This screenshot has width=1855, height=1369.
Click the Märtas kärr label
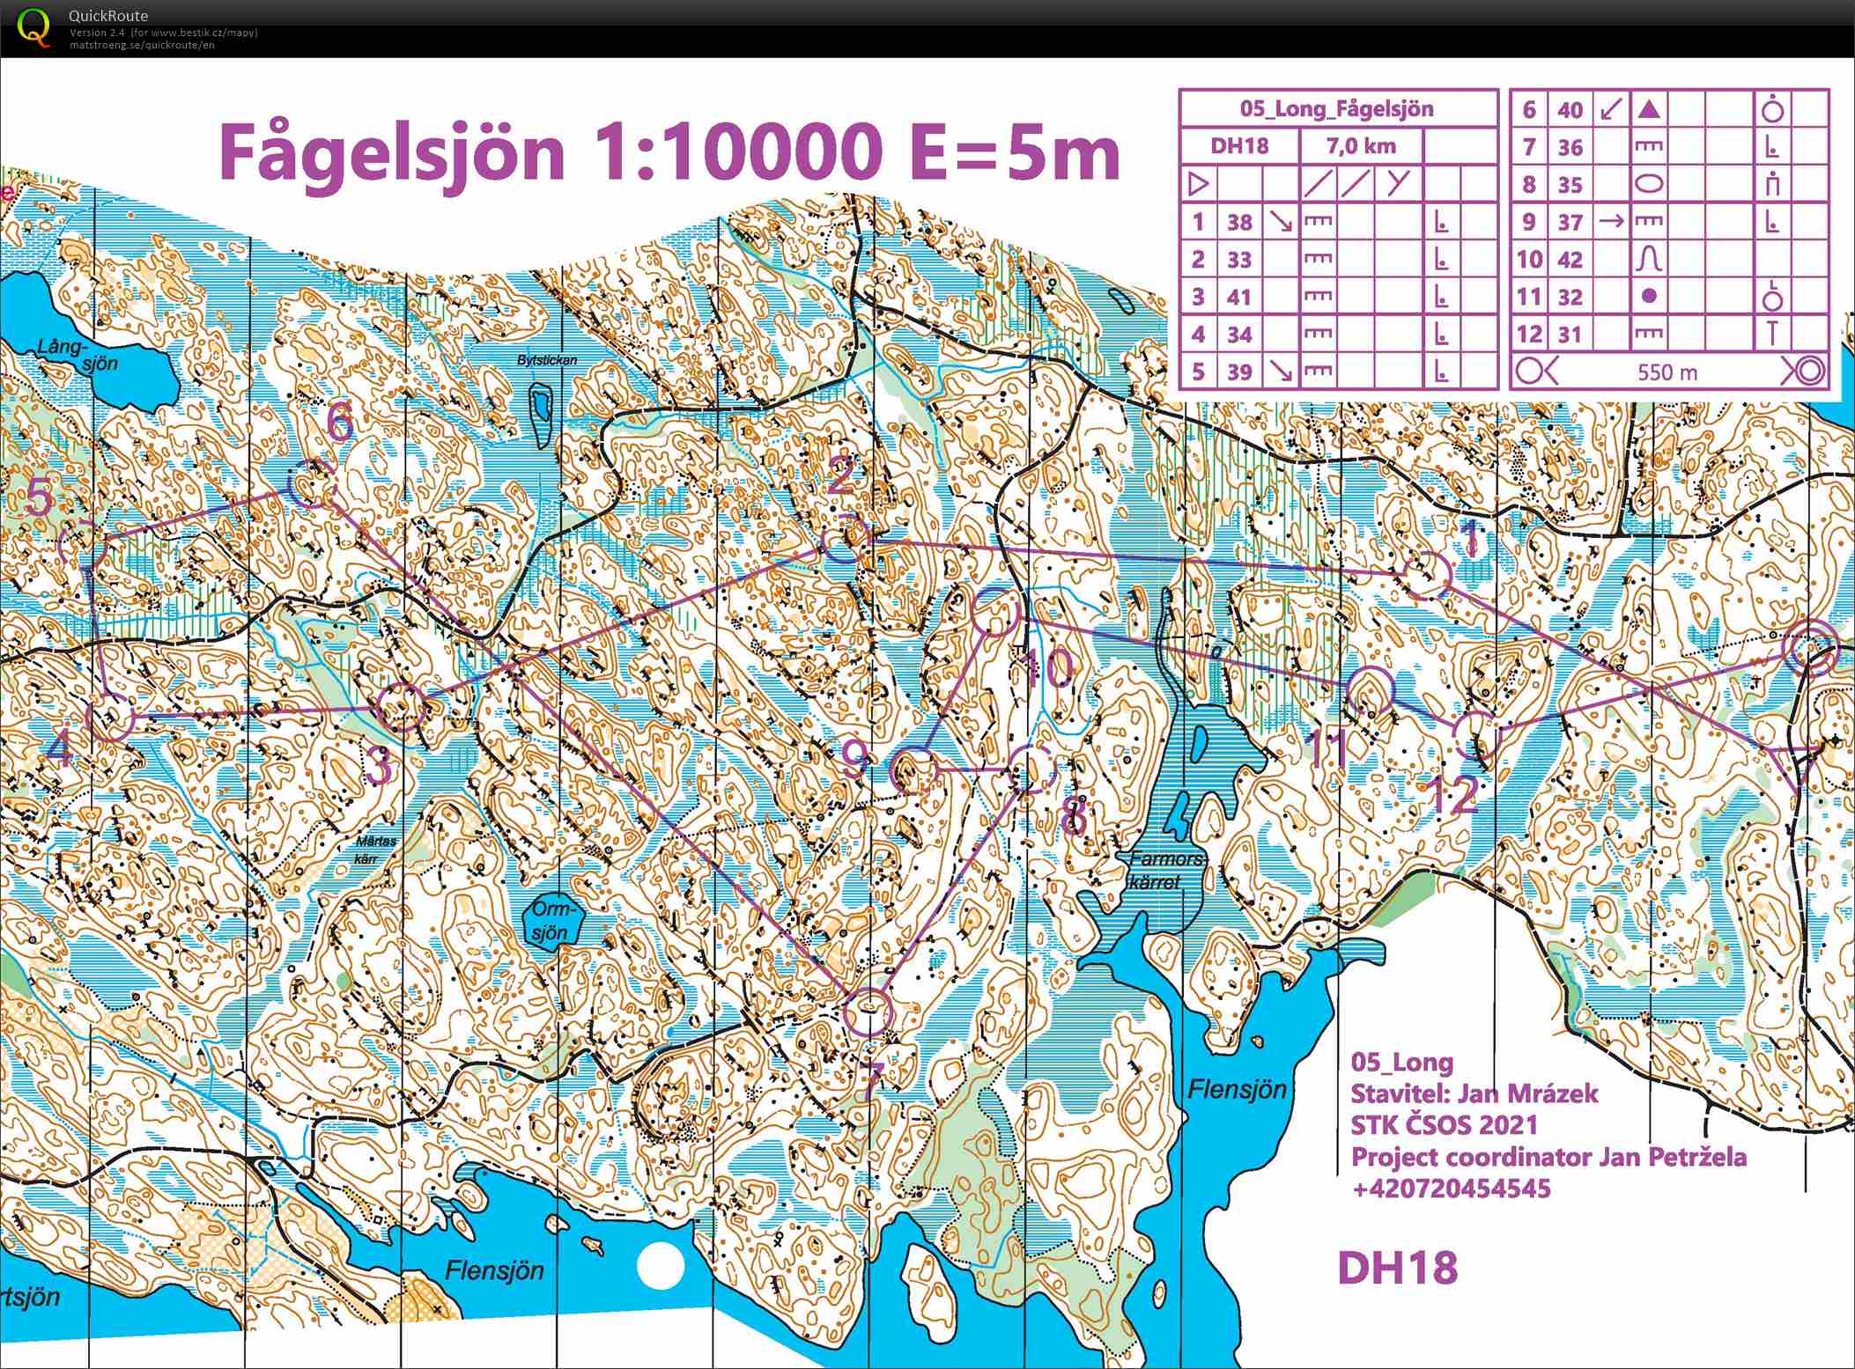(x=376, y=849)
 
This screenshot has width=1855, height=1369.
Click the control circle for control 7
(x=868, y=1010)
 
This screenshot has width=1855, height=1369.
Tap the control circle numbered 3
(x=401, y=707)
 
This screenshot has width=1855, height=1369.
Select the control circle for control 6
(x=311, y=483)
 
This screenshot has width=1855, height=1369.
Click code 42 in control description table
(x=1570, y=260)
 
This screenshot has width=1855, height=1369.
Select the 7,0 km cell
(x=1361, y=146)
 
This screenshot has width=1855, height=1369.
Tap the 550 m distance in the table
(x=1667, y=372)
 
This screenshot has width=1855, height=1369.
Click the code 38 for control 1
(x=1239, y=222)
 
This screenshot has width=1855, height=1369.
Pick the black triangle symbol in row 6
(x=1650, y=110)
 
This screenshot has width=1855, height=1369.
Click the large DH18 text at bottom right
(x=1397, y=1268)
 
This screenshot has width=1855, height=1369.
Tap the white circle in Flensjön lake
(x=660, y=1266)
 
